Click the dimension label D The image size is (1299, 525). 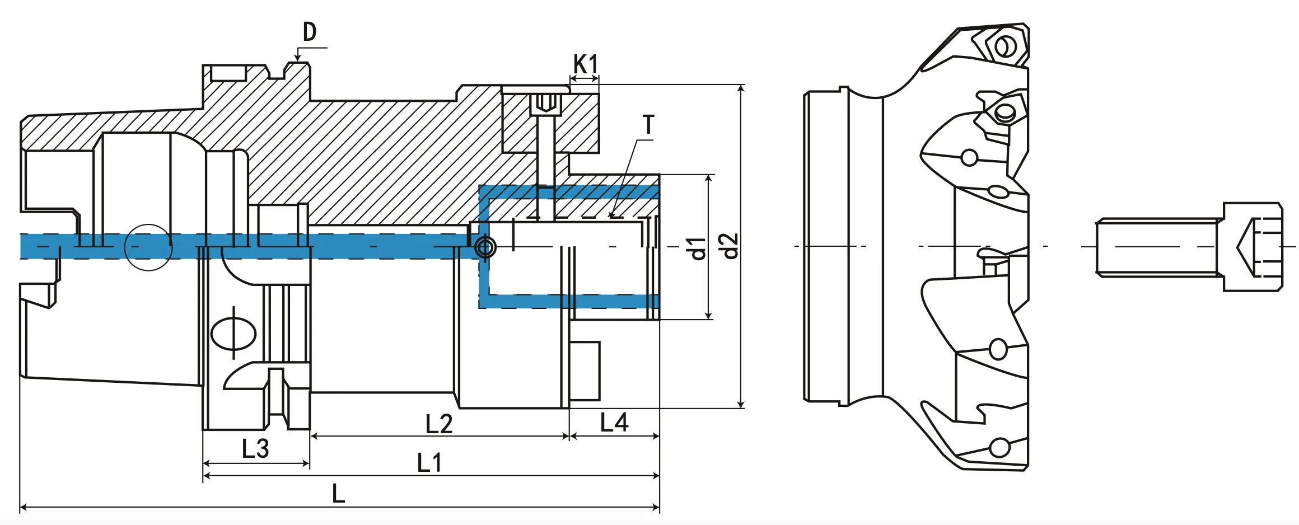310,32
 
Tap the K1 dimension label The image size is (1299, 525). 586,64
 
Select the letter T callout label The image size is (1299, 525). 648,124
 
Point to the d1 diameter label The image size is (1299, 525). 698,248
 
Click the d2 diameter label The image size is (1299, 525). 730,246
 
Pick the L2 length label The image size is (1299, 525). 438,424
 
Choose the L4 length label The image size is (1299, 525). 614,423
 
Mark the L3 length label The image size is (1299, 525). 255,449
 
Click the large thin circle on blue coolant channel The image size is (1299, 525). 148,247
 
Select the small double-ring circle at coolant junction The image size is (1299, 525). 485,247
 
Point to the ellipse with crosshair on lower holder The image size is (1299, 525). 233,333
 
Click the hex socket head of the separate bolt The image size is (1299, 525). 1252,247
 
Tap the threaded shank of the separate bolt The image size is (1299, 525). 1157,247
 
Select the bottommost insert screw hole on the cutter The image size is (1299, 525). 999,448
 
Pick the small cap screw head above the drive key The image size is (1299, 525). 545,104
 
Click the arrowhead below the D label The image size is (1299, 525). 297,58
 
